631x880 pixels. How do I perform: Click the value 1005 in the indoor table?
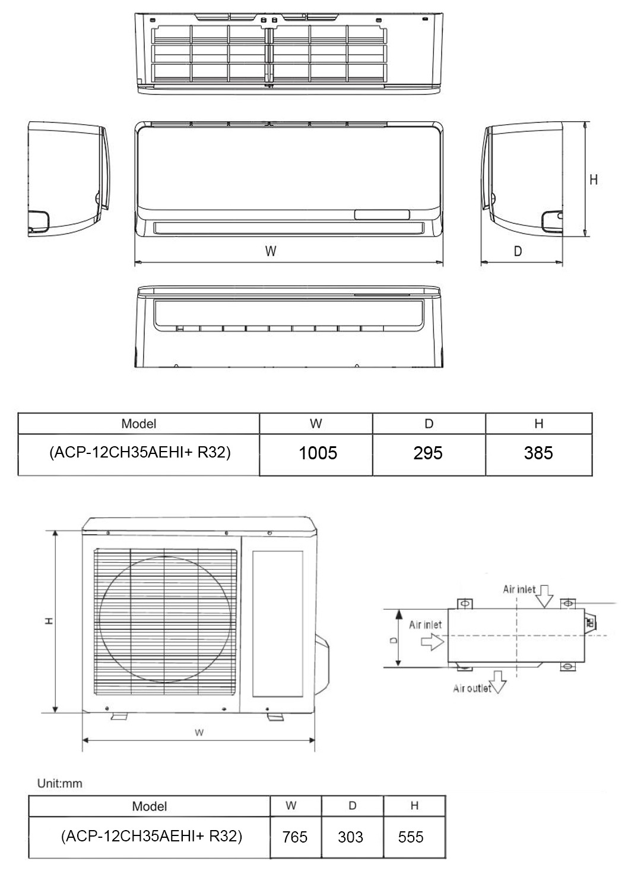tap(318, 453)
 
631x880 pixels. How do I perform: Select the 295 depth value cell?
tap(428, 453)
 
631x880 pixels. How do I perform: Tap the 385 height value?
tap(538, 453)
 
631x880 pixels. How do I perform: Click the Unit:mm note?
tap(59, 783)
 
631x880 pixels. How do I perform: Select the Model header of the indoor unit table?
tap(138, 424)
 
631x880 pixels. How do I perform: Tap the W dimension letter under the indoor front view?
tap(271, 251)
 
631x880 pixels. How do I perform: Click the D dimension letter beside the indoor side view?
tap(518, 251)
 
